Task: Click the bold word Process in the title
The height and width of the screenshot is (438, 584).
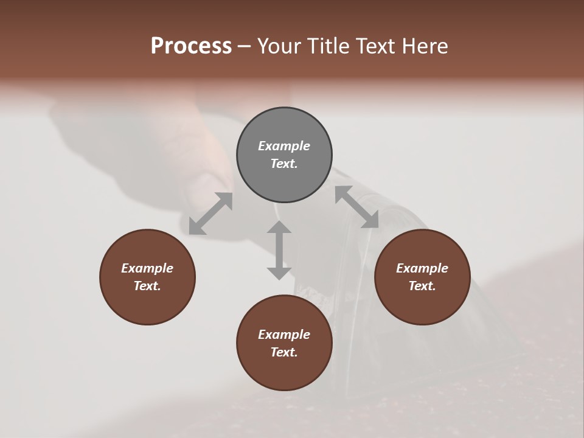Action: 191,46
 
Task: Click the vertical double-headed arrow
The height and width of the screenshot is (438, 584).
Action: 279,250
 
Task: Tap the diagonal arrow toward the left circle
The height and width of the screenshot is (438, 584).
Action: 210,214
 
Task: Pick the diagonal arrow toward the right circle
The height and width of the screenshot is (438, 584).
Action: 356,207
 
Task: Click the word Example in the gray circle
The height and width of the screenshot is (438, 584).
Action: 284,146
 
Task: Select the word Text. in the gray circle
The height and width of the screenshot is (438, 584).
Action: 284,164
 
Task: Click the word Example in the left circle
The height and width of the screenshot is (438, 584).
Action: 147,268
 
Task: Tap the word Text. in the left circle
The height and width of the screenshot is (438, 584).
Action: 147,286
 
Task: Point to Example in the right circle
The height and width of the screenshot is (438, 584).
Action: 422,268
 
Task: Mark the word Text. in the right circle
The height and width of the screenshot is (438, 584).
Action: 422,286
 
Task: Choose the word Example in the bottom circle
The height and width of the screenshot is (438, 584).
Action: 284,335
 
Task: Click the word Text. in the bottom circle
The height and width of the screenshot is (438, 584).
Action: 284,352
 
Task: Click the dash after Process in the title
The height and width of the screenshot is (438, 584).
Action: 244,47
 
